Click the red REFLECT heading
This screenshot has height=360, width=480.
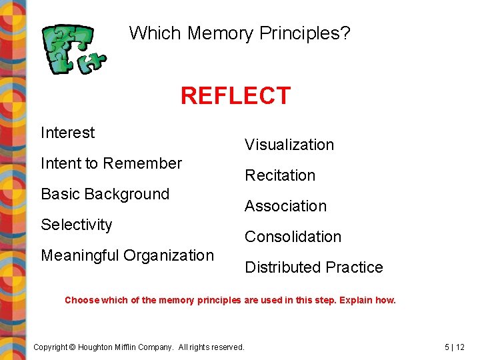[x=235, y=96]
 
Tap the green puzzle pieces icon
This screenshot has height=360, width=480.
[x=73, y=49]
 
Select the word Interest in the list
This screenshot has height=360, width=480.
[x=67, y=133]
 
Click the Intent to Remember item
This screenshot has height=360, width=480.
[x=111, y=163]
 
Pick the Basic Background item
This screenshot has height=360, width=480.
[x=105, y=194]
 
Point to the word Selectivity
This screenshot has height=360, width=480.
[x=77, y=225]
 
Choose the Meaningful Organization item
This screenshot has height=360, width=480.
[x=127, y=255]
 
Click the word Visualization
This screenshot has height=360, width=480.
[x=289, y=145]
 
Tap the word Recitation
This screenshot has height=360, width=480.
[x=280, y=175]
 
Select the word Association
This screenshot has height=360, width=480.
[x=285, y=206]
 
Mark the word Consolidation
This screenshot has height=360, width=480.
[x=293, y=237]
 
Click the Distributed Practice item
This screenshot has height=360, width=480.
[x=314, y=267]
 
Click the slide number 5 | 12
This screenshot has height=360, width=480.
[x=455, y=347]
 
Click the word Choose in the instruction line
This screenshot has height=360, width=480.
[x=81, y=300]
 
